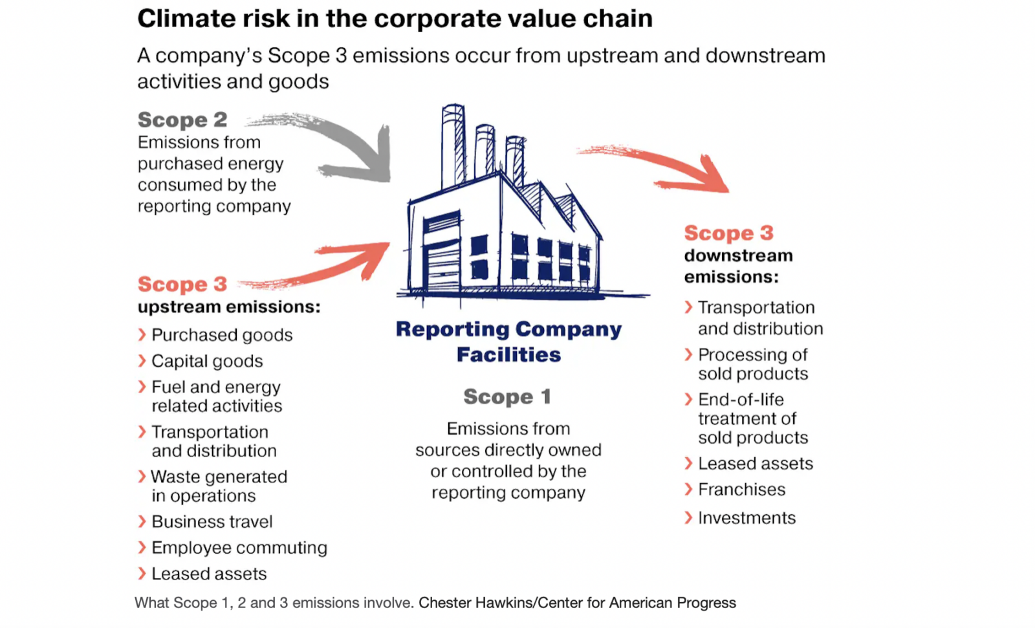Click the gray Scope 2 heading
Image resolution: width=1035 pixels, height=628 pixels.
[x=182, y=120]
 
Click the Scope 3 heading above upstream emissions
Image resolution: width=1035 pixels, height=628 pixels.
[x=182, y=284]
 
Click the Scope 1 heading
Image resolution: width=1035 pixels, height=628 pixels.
[x=507, y=396]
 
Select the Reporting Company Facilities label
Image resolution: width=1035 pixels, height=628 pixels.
[x=508, y=341]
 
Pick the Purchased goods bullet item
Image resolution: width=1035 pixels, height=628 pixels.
[x=222, y=335]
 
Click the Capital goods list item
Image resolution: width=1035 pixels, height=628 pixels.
[x=207, y=361]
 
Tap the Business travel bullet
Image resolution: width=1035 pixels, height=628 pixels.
[x=212, y=521]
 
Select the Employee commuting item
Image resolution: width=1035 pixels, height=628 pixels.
[x=239, y=548]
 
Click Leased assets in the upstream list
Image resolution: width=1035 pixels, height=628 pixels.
[x=208, y=574]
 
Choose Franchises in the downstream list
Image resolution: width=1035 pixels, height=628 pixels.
[x=741, y=490]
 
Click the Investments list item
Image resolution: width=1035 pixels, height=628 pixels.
[x=746, y=518]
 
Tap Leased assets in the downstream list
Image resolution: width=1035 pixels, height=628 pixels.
[x=755, y=464]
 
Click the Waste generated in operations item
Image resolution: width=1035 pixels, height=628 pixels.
[x=218, y=486]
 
